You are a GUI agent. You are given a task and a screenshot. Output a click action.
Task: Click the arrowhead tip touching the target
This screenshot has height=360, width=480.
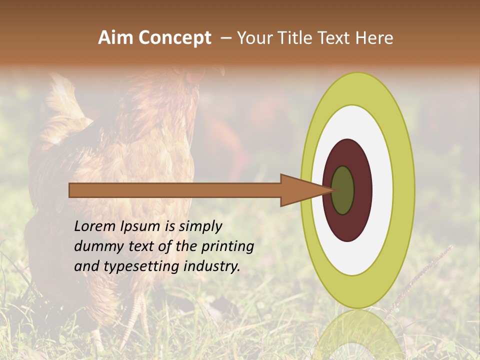[x=332, y=190]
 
